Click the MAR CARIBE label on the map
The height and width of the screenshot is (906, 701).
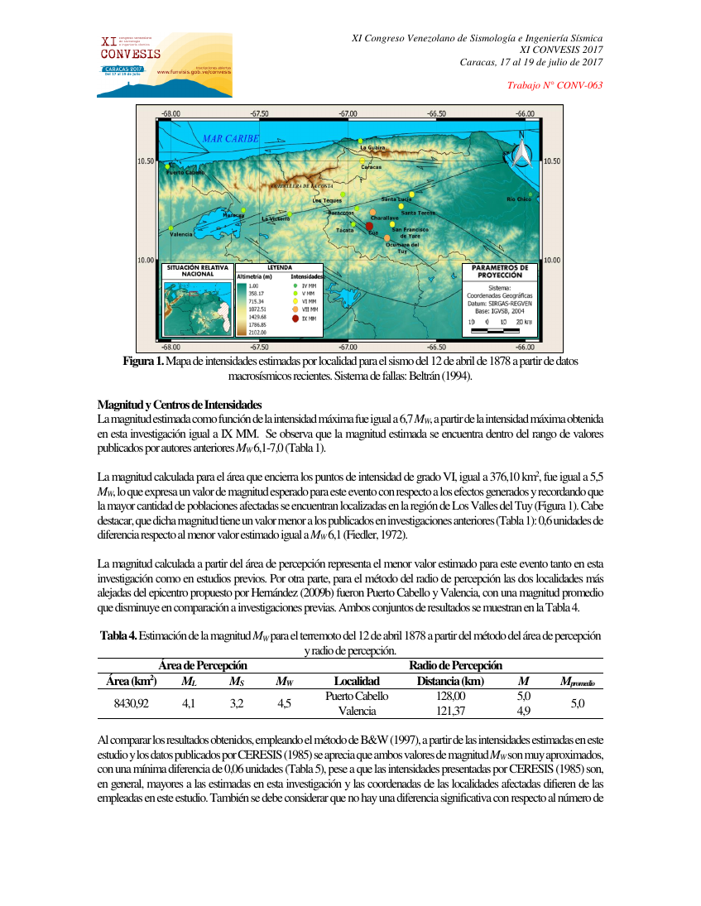[231, 138]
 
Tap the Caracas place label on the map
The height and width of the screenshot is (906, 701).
[372, 167]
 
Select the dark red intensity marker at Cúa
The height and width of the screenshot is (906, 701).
[370, 225]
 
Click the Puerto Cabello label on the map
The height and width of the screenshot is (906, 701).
[185, 172]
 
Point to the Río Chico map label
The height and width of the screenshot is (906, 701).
[519, 199]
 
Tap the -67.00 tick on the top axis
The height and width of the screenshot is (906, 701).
[348, 113]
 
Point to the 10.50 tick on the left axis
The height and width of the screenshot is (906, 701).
[146, 161]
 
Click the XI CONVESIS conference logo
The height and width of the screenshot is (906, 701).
[164, 65]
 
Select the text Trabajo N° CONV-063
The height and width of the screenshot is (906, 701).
[554, 85]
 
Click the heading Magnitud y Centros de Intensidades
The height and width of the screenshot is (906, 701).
[180, 405]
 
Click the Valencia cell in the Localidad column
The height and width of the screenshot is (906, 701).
[357, 711]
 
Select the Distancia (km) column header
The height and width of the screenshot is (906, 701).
[450, 681]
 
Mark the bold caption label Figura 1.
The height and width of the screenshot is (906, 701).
[142, 362]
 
